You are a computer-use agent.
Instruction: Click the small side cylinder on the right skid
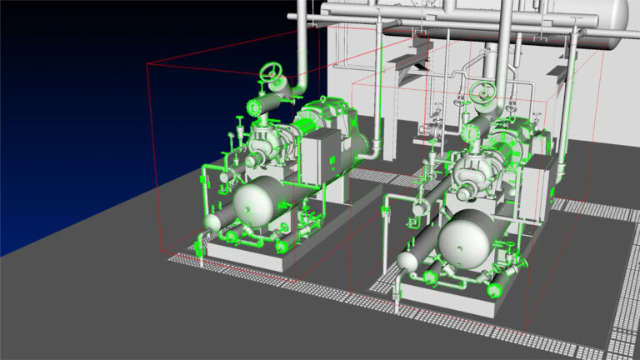point(407,260)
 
